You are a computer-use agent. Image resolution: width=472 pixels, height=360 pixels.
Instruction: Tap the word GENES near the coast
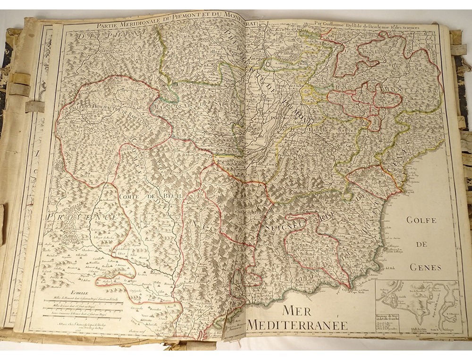point(425,267)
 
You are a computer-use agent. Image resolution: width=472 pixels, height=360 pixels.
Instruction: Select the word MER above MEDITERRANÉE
point(298,310)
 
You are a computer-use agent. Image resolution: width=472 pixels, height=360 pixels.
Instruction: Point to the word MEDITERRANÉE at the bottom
point(297,325)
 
